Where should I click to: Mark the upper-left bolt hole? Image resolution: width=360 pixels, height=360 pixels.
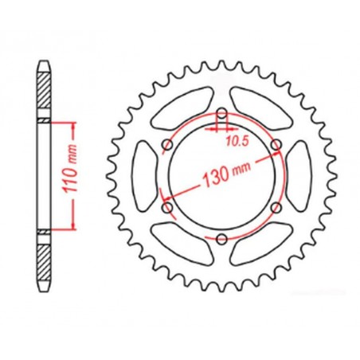pos(166,145)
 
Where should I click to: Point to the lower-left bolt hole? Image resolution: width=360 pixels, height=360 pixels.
pos(166,207)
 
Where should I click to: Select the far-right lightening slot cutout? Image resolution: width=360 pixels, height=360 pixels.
pos(294,176)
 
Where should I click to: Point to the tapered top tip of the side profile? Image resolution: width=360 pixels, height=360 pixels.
pos(44,64)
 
